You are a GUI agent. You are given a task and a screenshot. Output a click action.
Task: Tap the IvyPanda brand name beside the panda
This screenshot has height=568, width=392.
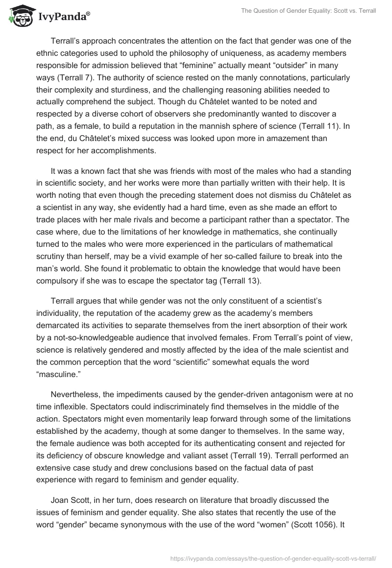pyautogui.click(x=63, y=18)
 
